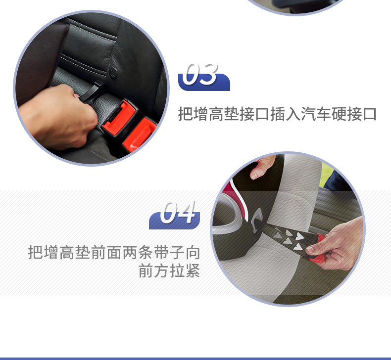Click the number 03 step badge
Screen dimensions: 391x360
204,78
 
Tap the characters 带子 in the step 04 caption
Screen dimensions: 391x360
169,252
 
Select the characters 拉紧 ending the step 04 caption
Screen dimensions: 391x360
185,270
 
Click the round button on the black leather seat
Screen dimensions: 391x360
113,72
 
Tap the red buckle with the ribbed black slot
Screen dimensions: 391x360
120,117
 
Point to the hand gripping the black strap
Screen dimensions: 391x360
58,117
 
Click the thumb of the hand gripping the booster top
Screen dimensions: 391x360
254,174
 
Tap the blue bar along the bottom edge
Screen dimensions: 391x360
195,359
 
